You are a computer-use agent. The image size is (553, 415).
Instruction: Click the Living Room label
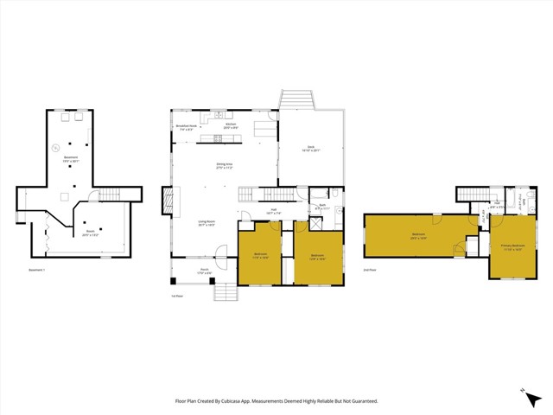206,223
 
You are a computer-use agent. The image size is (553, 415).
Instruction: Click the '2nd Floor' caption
369,271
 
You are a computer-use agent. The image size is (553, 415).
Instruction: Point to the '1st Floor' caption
176,296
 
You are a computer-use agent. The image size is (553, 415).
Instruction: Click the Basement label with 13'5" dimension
71,160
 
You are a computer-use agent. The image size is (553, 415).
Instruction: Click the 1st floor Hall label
272,210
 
